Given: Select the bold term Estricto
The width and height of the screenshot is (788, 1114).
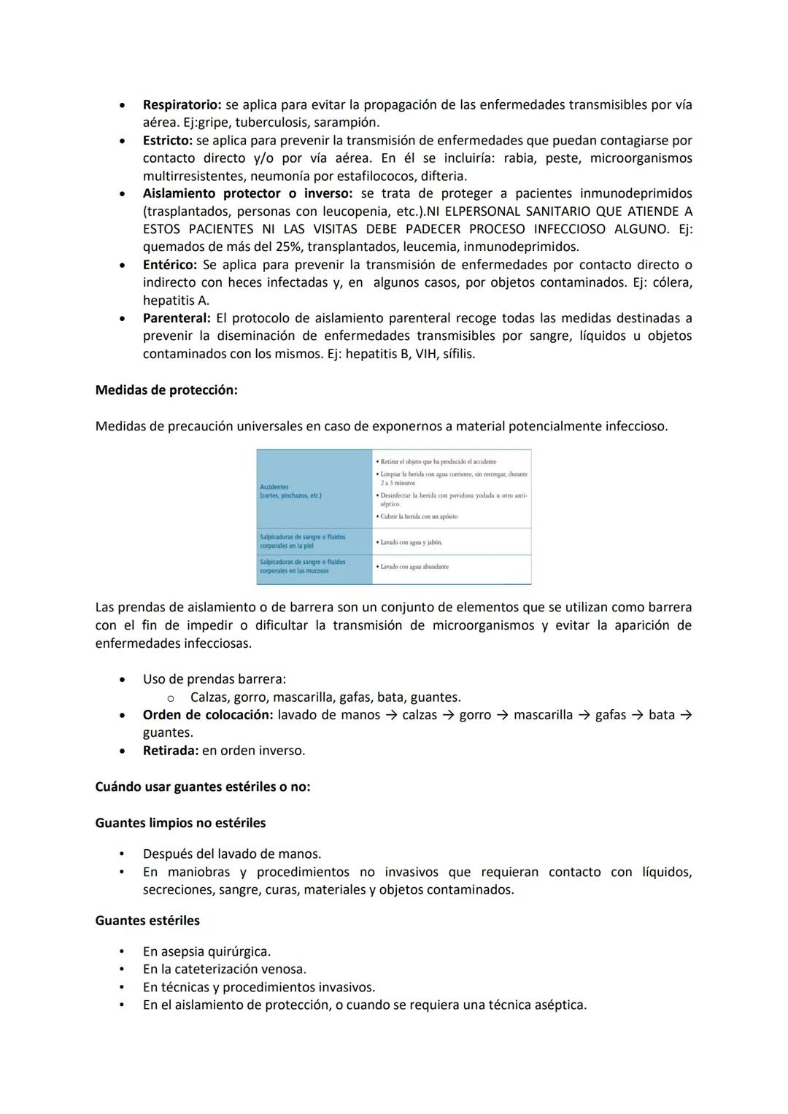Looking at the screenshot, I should tap(168, 141).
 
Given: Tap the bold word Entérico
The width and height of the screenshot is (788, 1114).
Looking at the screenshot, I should tap(170, 265).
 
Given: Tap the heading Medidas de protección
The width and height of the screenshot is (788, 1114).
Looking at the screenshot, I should tap(166, 390).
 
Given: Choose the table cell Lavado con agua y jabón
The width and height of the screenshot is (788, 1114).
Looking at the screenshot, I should tap(411, 542).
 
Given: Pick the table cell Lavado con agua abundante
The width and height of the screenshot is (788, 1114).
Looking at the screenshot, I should tap(414, 567).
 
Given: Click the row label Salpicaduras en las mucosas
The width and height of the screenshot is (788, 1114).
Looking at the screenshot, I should tap(302, 567).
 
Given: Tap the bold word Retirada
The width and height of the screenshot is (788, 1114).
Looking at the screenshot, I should tap(171, 751).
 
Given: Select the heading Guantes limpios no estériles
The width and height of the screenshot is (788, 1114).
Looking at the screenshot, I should tap(180, 823).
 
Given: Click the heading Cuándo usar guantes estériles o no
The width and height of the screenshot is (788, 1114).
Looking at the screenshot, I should tap(202, 787).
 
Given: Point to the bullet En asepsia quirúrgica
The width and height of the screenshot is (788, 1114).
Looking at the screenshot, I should tap(206, 952).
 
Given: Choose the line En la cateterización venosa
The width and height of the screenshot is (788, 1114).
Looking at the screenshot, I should tap(224, 970).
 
